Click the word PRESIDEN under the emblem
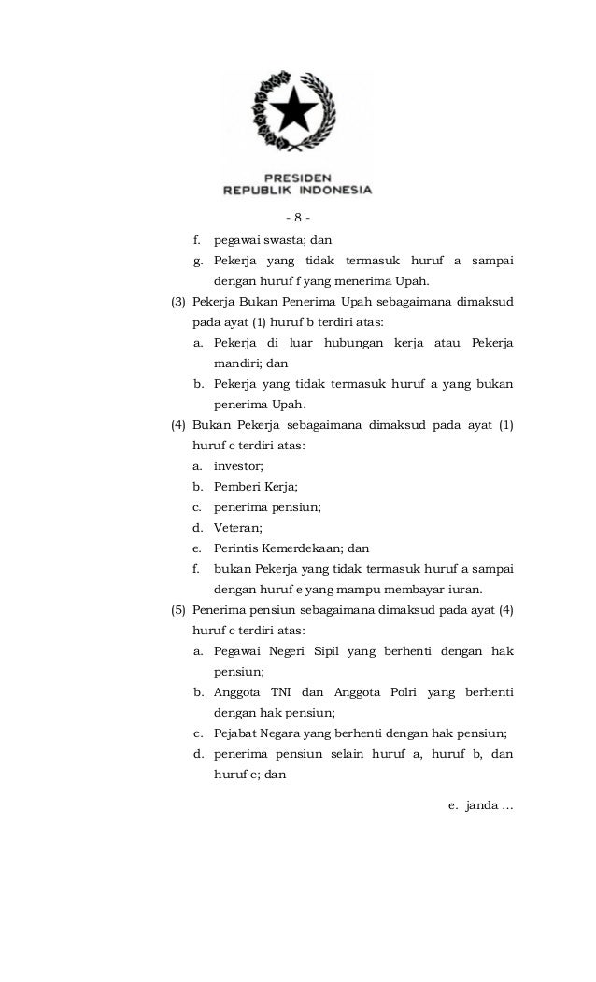[x=298, y=175]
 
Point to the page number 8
[x=297, y=219]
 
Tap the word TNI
[x=281, y=692]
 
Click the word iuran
[x=464, y=590]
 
